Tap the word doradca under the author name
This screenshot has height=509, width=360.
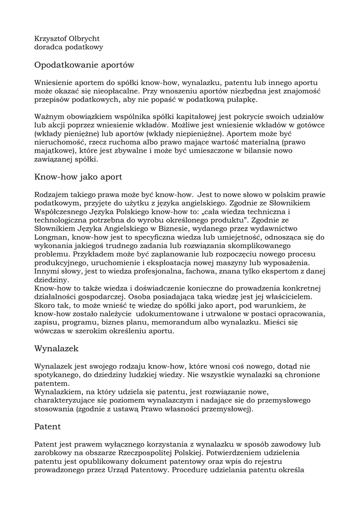(x=49, y=47)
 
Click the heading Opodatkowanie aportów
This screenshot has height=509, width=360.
(x=84, y=65)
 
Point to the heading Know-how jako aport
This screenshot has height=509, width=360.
(x=78, y=177)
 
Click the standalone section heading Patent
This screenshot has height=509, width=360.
(x=48, y=426)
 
